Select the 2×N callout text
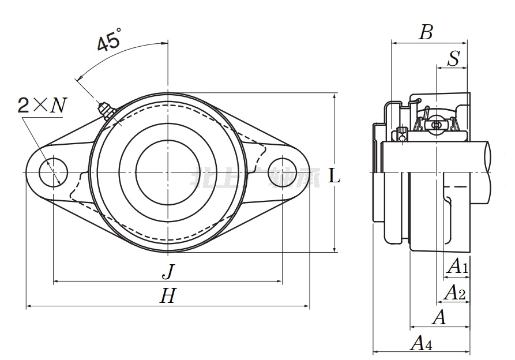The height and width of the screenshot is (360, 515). click(43, 105)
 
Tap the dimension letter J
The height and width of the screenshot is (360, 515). click(167, 271)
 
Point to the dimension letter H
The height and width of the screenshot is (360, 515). click(167, 297)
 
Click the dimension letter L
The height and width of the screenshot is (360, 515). click(334, 176)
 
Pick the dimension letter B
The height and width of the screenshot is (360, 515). click(426, 32)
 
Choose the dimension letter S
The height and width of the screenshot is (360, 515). click(454, 58)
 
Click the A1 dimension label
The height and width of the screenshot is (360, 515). click(457, 267)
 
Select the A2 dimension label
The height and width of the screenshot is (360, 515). click(454, 292)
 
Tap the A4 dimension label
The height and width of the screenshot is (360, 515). click(420, 344)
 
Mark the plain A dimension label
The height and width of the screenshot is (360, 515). click(439, 317)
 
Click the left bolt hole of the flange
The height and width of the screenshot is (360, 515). click(53, 171)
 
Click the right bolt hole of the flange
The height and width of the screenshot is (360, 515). click(282, 171)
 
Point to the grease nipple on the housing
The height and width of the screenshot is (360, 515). click(106, 109)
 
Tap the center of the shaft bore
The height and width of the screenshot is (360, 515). click(167, 171)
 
